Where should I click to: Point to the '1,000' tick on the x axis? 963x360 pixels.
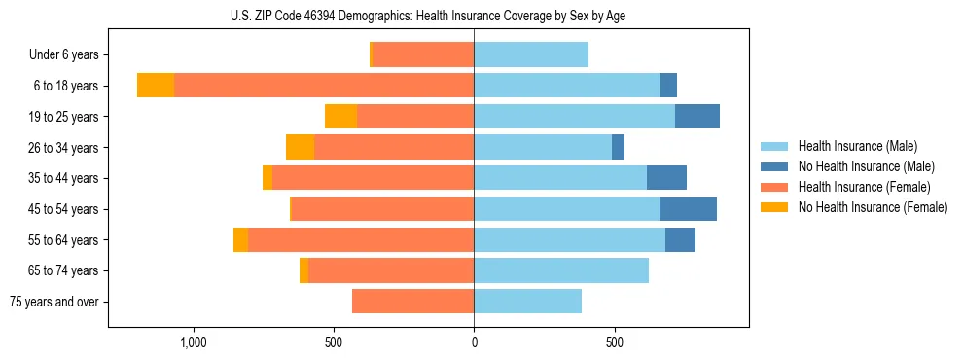coord(193,342)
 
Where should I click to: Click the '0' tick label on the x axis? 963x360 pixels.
coord(474,342)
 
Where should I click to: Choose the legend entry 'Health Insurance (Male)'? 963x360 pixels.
coord(857,146)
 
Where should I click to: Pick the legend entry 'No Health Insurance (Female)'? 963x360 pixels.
coord(873,207)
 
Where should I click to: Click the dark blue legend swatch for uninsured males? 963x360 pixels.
coord(774,166)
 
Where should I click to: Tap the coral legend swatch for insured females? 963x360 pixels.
coord(774,187)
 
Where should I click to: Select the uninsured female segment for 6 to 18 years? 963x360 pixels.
coord(156,86)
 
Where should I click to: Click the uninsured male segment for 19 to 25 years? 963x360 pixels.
coord(697,116)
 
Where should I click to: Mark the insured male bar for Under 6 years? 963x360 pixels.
coord(531,54)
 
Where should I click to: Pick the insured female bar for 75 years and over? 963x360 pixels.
coord(412,302)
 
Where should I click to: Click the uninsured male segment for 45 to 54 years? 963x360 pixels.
coord(688,209)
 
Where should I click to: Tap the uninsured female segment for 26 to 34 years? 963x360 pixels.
coord(300,147)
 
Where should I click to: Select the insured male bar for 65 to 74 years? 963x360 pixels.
coord(561,270)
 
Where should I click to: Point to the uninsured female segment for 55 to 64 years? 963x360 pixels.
coord(240,239)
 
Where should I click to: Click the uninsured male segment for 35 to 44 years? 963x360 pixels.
coord(666,178)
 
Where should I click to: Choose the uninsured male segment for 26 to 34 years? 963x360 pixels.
coord(618,147)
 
